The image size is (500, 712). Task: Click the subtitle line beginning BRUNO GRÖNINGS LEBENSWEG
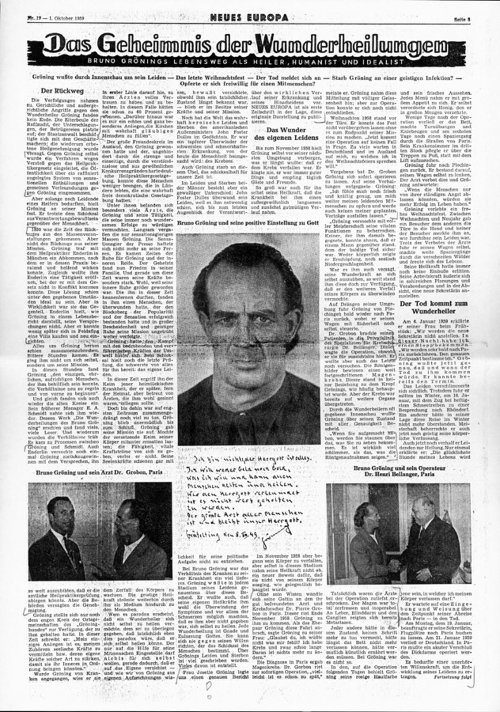coord(250,62)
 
